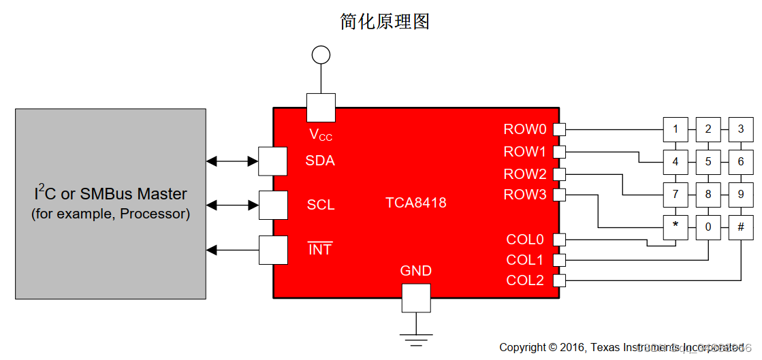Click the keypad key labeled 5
(708, 162)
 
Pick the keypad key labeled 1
(675, 129)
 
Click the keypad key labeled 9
(741, 195)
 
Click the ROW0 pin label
(525, 129)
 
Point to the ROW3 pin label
(525, 195)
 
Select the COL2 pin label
(525, 280)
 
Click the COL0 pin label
(525, 240)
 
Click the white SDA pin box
(273, 161)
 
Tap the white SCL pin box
(273, 205)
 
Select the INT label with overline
(320, 250)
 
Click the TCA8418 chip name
(416, 203)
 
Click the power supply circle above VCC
(321, 54)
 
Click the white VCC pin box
(321, 108)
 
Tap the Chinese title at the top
(385, 21)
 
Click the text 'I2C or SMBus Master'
(110, 194)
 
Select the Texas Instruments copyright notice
(621, 347)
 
